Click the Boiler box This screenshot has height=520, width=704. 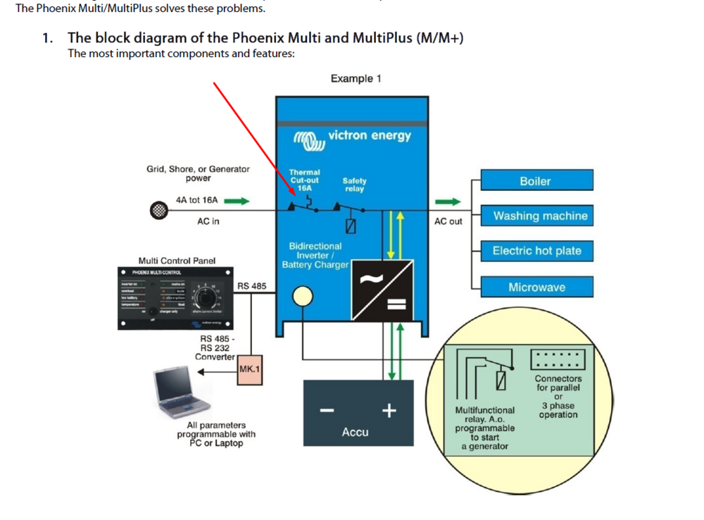click(536, 180)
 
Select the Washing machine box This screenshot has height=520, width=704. click(536, 216)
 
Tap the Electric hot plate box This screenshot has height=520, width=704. click(536, 251)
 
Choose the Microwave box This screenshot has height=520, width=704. click(536, 287)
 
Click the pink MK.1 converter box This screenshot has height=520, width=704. click(250, 369)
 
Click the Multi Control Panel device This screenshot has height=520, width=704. click(175, 298)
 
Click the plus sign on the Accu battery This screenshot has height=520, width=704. click(388, 411)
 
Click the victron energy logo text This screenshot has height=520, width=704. click(369, 135)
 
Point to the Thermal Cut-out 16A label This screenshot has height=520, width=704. click(304, 180)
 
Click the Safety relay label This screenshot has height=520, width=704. click(354, 185)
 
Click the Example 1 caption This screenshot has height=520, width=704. click(356, 79)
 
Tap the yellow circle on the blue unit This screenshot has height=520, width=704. click(303, 297)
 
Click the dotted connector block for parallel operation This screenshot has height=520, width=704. click(556, 359)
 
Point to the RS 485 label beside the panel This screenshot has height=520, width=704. click(251, 285)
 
